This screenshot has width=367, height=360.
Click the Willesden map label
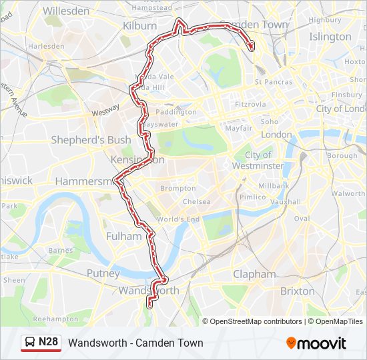tap(65, 11)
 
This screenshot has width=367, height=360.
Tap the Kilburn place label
tap(139, 25)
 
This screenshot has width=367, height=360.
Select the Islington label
tap(330, 37)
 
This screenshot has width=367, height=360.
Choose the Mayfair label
tap(238, 128)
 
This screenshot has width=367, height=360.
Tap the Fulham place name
tap(123, 236)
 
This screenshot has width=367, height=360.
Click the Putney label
tap(103, 273)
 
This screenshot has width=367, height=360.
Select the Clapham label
tap(254, 274)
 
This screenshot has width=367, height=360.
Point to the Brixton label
tap(297, 291)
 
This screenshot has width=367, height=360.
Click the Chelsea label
tap(196, 201)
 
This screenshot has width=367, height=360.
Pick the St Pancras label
tap(273, 82)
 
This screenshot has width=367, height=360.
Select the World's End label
tap(178, 219)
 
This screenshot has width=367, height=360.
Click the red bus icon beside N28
tap(30, 343)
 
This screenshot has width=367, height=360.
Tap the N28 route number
tap(49, 343)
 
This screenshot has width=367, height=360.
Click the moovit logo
tap(316, 343)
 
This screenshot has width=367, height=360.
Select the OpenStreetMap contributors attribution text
tap(256, 321)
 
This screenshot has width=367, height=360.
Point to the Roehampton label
tap(55, 319)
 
